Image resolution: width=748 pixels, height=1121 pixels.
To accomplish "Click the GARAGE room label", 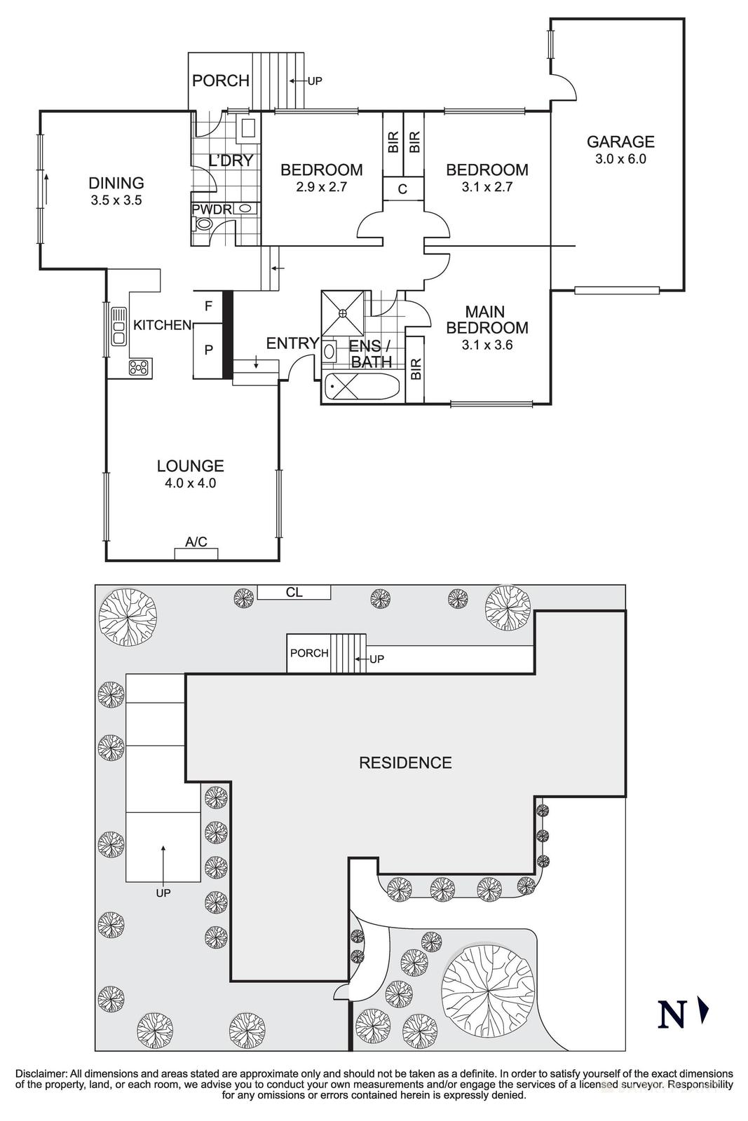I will [620, 142].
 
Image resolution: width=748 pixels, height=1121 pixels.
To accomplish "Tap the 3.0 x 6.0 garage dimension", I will [620, 159].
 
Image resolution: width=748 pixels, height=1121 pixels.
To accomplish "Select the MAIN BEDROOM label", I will [487, 319].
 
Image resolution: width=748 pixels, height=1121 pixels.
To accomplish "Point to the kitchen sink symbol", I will [118, 326].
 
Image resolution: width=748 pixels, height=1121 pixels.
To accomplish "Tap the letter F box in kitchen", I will [208, 306].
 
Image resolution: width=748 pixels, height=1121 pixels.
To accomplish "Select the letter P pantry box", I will [208, 350].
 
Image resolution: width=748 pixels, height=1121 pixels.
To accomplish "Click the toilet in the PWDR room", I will [202, 224].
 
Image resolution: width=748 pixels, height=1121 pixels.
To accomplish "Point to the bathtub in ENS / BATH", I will [362, 387].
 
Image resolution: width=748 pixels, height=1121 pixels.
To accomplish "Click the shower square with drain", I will [343, 313].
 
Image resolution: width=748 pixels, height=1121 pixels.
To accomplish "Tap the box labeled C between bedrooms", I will [402, 188].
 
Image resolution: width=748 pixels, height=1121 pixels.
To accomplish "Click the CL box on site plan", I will [294, 593].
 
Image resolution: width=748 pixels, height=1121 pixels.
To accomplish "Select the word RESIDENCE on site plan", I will [405, 763].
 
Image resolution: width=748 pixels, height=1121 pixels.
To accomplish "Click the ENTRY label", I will [292, 343].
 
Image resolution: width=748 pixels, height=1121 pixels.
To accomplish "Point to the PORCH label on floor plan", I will [220, 81].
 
